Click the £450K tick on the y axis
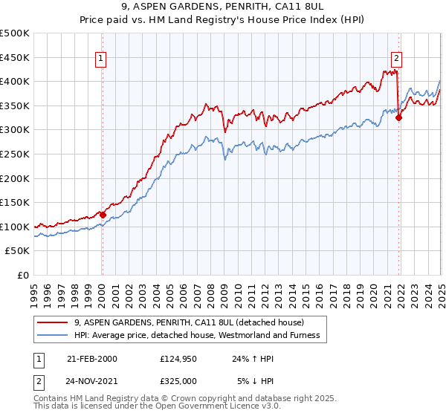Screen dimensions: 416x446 pos(16,57)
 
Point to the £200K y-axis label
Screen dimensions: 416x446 pos(16,178)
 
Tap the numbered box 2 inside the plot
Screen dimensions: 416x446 pos(397,57)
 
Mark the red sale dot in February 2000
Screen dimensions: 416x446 pos(103,215)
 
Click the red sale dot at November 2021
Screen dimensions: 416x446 pos(399,117)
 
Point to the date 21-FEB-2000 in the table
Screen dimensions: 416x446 pos(92,359)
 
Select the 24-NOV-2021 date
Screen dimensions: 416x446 pos(92,380)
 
